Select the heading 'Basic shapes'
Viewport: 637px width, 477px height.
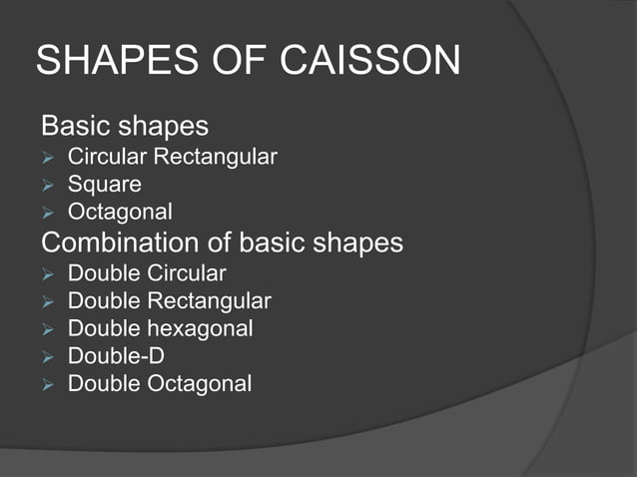pyautogui.click(x=125, y=127)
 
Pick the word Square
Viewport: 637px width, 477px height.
pyautogui.click(x=105, y=185)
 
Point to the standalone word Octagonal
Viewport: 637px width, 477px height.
pyautogui.click(x=120, y=213)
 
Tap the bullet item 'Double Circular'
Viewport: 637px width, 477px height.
pyautogui.click(x=147, y=273)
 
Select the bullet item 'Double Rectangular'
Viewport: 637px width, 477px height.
pyautogui.click(x=169, y=300)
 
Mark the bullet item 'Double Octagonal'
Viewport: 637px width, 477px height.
pyautogui.click(x=160, y=383)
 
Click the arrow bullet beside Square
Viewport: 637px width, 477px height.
pyautogui.click(x=47, y=186)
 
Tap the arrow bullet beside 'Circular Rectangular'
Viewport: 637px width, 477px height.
pyautogui.click(x=47, y=158)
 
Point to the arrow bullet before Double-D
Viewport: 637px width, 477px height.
pyautogui.click(x=47, y=356)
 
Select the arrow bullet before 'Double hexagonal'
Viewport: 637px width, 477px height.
pyautogui.click(x=47, y=329)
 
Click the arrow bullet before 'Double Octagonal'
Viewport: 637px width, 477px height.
pyautogui.click(x=47, y=384)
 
